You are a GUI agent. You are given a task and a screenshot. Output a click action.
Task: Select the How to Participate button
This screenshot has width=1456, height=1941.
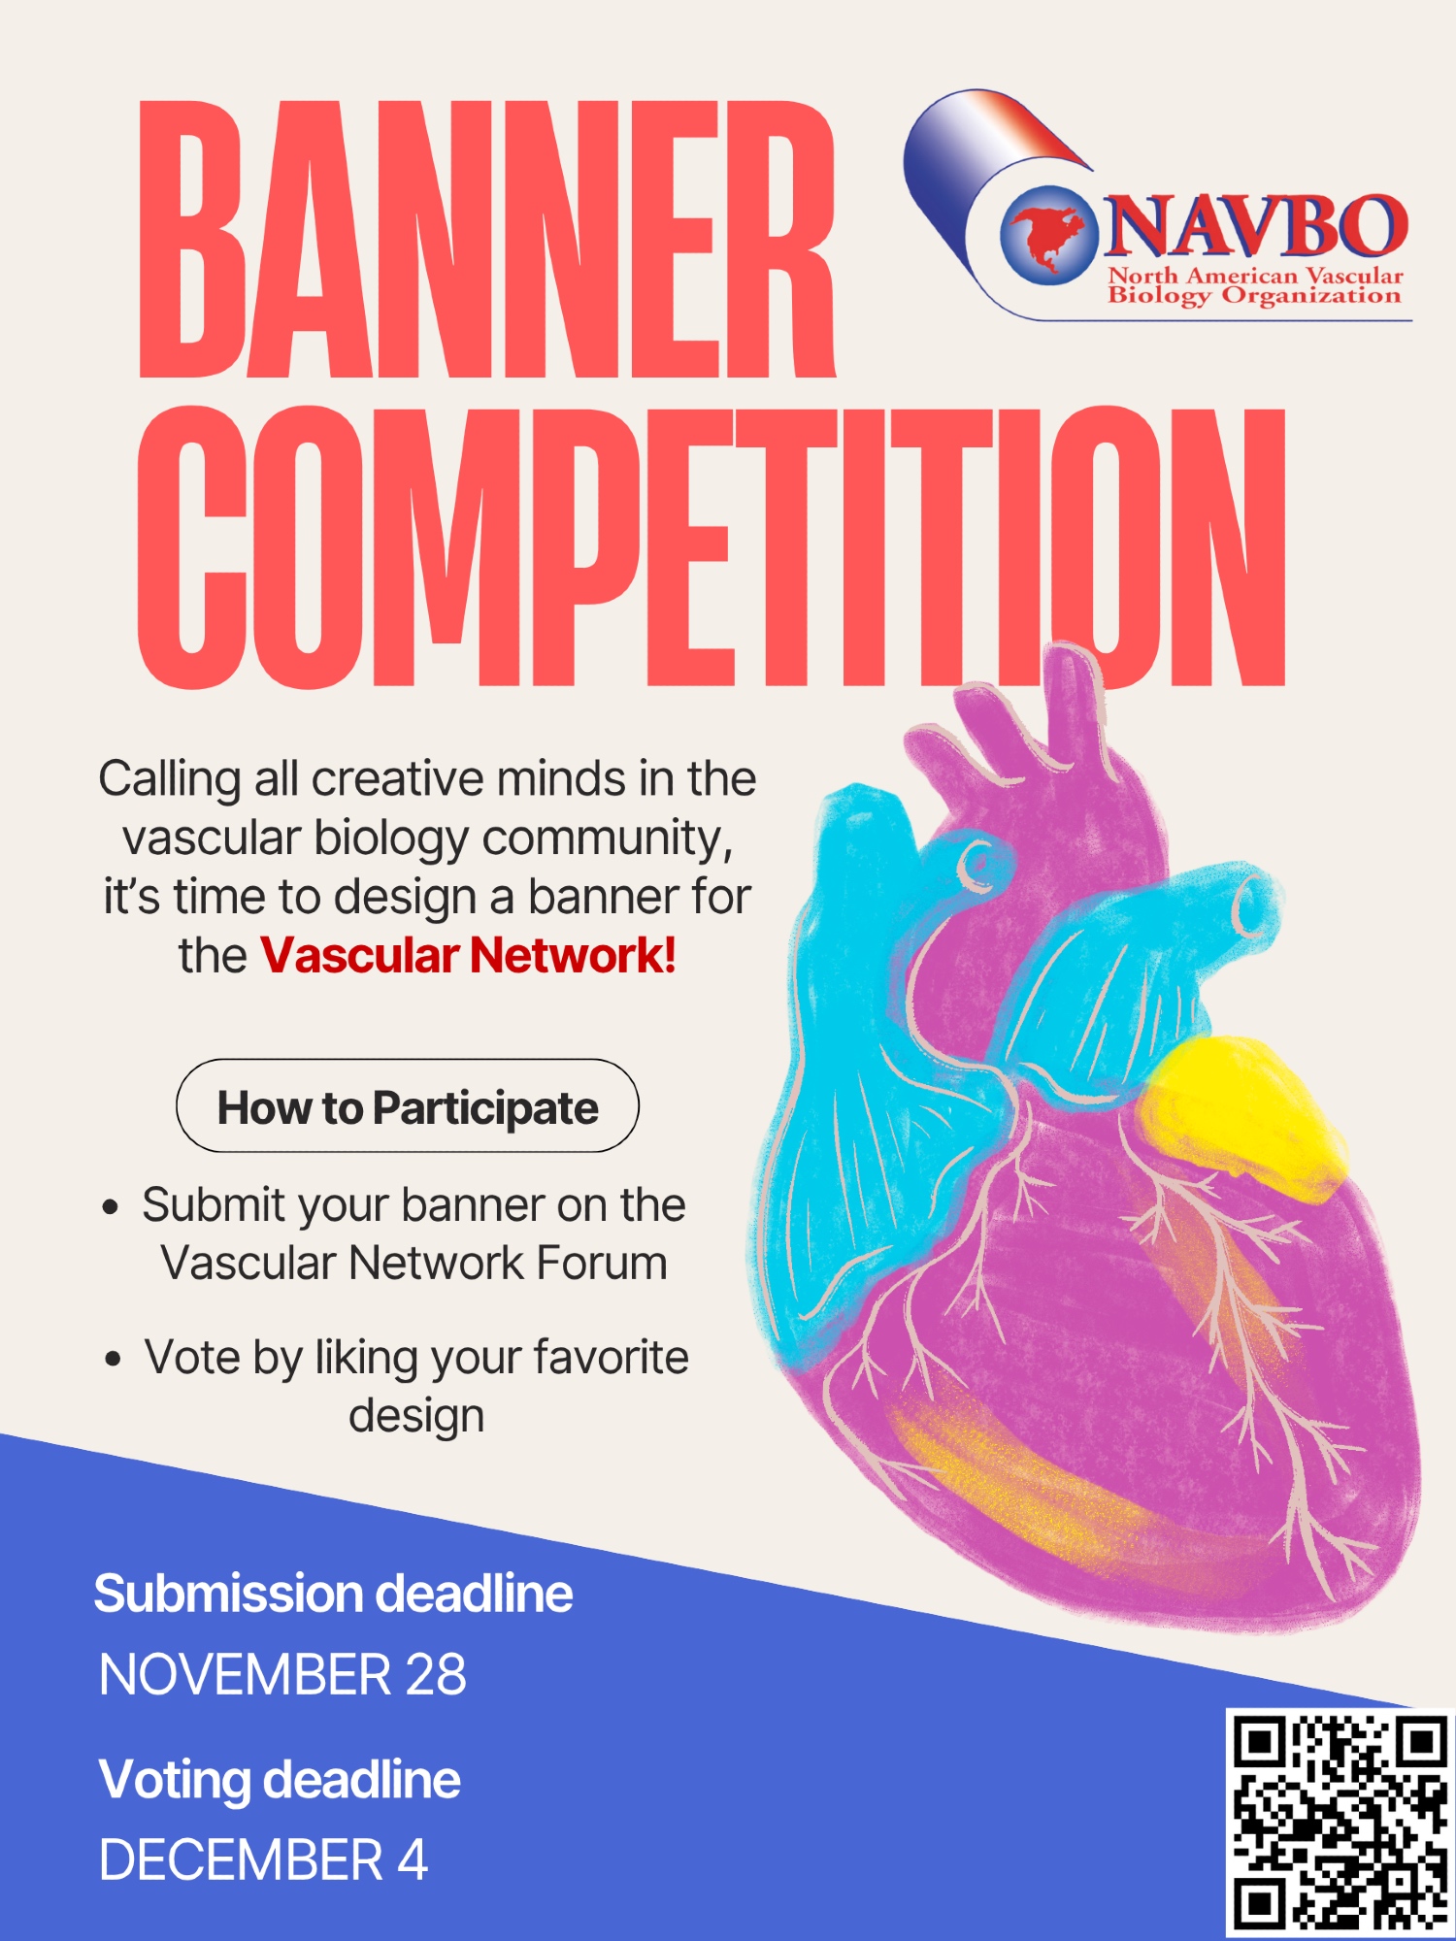pyautogui.click(x=408, y=1105)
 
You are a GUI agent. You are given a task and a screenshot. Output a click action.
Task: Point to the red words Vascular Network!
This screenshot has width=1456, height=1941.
pyautogui.click(x=468, y=955)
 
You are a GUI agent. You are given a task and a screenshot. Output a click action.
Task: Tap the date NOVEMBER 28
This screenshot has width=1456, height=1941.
pyautogui.click(x=282, y=1675)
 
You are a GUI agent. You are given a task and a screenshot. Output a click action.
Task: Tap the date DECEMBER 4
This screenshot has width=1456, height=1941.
pyautogui.click(x=263, y=1860)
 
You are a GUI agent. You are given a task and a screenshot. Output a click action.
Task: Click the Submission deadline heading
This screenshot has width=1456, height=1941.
pyautogui.click(x=333, y=1594)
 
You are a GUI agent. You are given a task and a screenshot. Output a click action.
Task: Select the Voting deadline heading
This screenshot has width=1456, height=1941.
pyautogui.click(x=280, y=1780)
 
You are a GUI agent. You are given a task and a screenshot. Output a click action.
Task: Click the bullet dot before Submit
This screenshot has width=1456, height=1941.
pyautogui.click(x=112, y=1208)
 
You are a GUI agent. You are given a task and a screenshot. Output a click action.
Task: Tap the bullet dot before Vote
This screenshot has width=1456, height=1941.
pyautogui.click(x=114, y=1360)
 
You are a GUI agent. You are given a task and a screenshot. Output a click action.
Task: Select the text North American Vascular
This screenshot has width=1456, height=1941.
pyautogui.click(x=1256, y=276)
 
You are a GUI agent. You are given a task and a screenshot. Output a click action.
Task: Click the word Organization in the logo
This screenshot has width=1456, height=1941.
pyautogui.click(x=1311, y=295)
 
